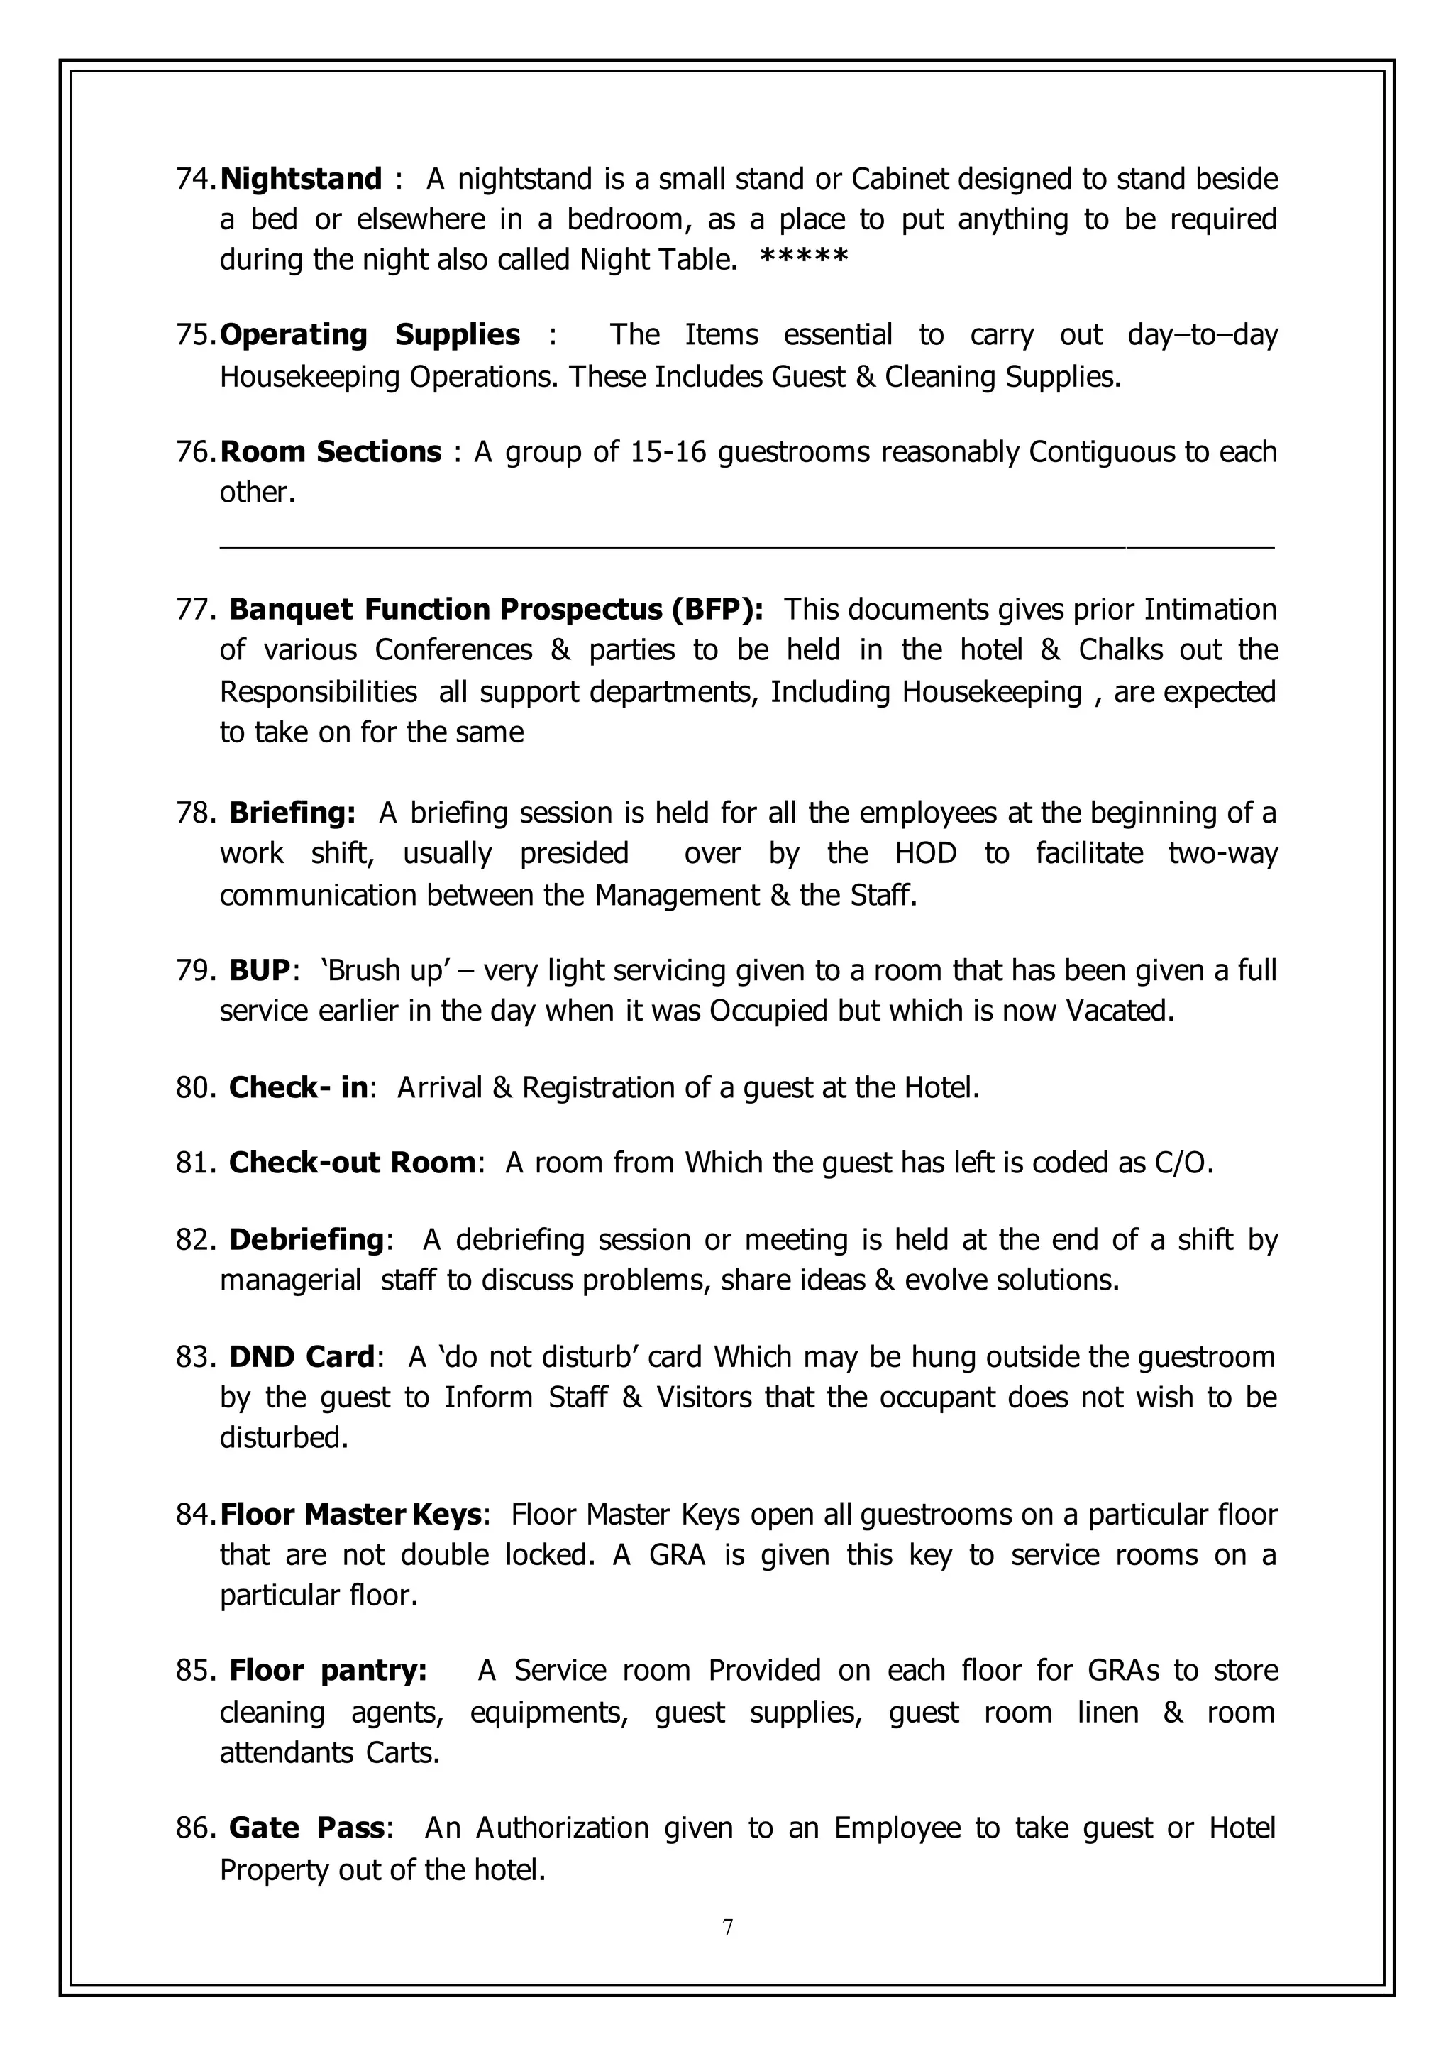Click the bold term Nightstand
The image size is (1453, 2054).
click(302, 179)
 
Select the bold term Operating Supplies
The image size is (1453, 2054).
click(370, 335)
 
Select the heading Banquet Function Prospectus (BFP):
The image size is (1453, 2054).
click(497, 610)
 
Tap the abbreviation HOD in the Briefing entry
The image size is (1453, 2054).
click(925, 853)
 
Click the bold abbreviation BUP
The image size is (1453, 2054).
click(260, 970)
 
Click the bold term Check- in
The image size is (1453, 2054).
click(298, 1087)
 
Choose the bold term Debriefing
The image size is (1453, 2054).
click(306, 1239)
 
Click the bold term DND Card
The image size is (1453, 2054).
click(302, 1357)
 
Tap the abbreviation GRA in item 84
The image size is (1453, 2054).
click(678, 1554)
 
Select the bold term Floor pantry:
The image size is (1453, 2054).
click(328, 1671)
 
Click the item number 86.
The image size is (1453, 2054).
click(193, 1828)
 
